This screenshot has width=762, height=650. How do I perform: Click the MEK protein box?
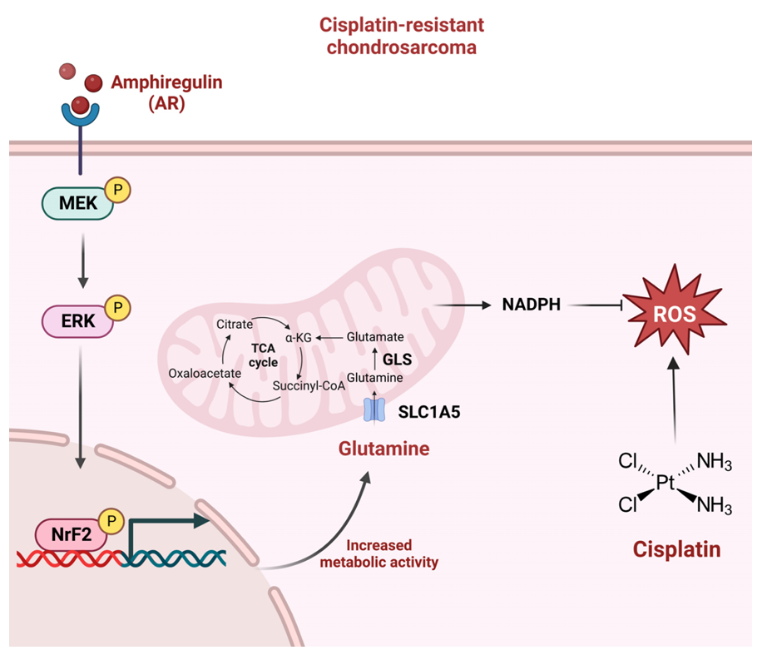click(x=77, y=203)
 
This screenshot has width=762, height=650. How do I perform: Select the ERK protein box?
click(x=77, y=320)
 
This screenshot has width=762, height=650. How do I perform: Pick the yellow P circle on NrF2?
click(x=111, y=522)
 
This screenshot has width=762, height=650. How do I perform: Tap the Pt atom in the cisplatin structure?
click(x=665, y=482)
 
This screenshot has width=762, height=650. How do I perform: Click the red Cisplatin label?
click(x=676, y=549)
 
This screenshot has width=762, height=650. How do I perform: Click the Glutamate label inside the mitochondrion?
click(x=375, y=337)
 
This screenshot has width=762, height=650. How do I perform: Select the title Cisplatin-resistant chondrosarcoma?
click(x=401, y=36)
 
